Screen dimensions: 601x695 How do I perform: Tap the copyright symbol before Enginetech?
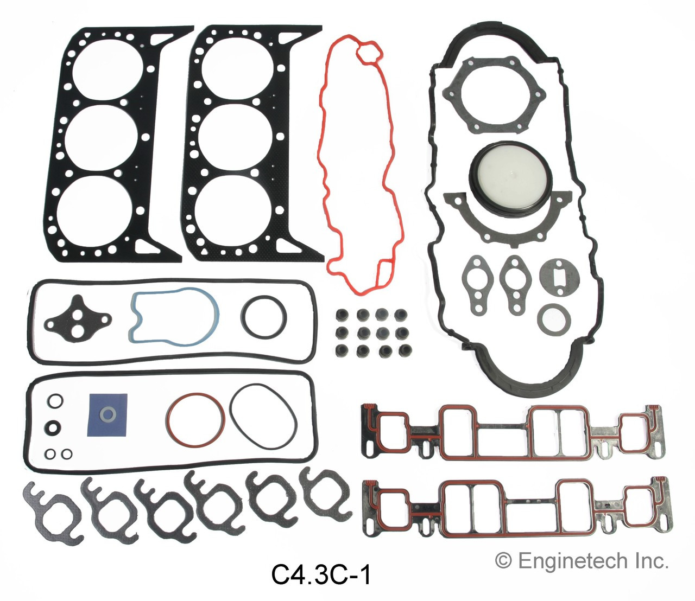[x=503, y=561]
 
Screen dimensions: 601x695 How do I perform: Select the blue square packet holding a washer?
[x=108, y=415]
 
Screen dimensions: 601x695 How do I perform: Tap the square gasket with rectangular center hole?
[x=559, y=276]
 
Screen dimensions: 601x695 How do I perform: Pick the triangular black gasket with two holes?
[x=77, y=318]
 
